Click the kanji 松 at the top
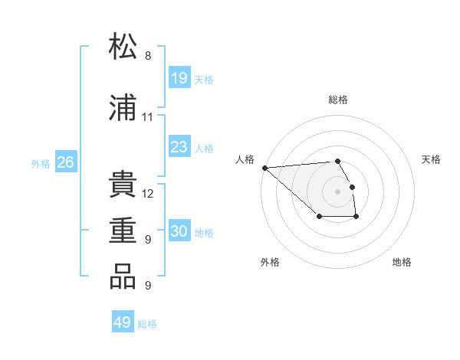(x=123, y=47)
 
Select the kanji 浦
(x=123, y=109)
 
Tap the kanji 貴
(x=123, y=185)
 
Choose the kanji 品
(x=123, y=277)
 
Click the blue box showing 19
(x=179, y=78)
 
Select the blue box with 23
(x=179, y=147)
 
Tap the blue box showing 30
(x=179, y=231)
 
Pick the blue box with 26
(x=65, y=162)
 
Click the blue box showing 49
(x=123, y=322)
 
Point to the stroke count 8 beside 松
(x=148, y=56)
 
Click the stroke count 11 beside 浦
(x=148, y=117)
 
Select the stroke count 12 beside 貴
(x=148, y=194)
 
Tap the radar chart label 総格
(x=338, y=100)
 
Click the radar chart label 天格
(x=431, y=159)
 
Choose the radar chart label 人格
(x=245, y=159)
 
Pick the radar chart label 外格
(x=269, y=262)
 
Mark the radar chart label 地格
(x=402, y=262)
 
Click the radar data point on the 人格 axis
(x=264, y=167)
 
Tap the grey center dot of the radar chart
(x=337, y=191)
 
